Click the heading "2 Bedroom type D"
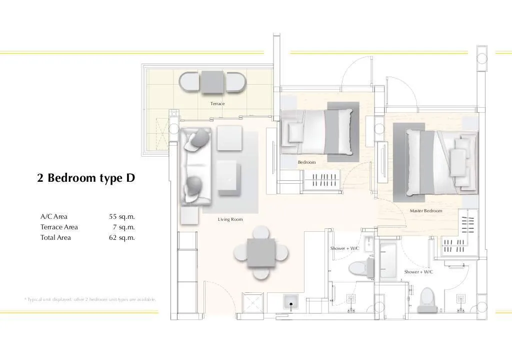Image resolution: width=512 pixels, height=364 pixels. click(86, 178)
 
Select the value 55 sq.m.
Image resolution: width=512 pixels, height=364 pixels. click(122, 217)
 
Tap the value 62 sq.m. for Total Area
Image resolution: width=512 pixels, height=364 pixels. click(122, 238)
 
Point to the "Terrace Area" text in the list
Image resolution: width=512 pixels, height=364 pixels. click(59, 227)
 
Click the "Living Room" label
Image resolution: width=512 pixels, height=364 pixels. click(230, 219)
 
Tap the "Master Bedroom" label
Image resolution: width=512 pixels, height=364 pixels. click(426, 211)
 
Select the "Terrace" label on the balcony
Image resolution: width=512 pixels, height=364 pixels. click(217, 104)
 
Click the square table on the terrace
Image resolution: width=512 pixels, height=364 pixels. click(212, 82)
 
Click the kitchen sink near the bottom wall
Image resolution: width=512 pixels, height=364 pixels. click(289, 302)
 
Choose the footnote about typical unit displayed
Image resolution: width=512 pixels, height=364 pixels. click(90, 299)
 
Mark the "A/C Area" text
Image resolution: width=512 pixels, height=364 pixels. click(54, 217)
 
